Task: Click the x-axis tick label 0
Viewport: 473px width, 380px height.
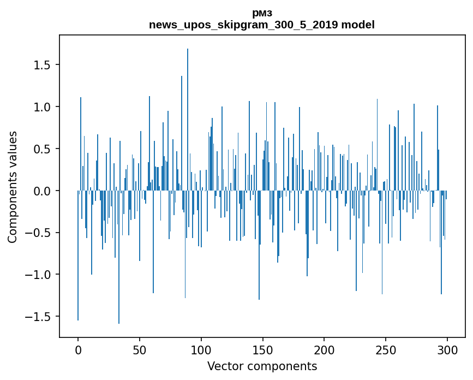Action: click(78, 351)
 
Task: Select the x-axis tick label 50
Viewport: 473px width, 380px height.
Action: click(139, 351)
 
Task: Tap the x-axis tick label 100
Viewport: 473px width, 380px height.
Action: click(201, 351)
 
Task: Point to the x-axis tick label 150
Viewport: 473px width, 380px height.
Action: click(262, 351)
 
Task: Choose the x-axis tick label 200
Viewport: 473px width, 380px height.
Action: click(324, 351)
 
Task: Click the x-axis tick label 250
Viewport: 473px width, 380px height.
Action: click(386, 351)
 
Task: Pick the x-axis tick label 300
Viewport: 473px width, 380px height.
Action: click(447, 351)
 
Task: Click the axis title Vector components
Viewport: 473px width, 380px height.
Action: click(262, 366)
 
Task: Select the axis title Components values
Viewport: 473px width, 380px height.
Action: click(13, 187)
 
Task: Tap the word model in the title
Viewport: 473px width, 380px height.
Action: click(358, 25)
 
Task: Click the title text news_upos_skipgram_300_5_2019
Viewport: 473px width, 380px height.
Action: click(243, 25)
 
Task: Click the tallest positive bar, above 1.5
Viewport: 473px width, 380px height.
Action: click(188, 120)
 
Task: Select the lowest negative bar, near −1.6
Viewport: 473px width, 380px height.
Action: click(119, 257)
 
